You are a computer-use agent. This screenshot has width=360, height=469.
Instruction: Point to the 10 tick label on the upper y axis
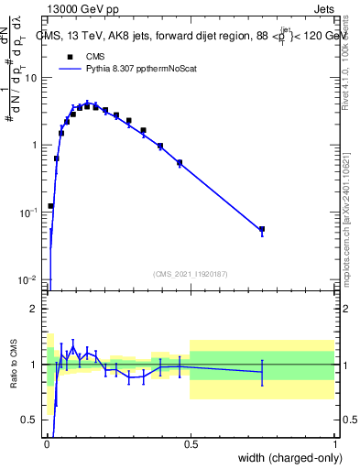point(31,77)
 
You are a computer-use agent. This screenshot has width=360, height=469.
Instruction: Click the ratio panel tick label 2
point(35,309)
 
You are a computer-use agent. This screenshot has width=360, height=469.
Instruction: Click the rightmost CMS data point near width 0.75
point(262,229)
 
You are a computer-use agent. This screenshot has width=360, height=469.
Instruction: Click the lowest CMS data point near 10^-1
point(51,206)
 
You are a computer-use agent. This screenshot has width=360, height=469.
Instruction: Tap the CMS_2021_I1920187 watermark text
point(191,273)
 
